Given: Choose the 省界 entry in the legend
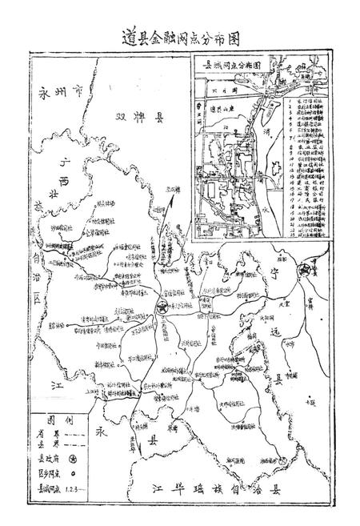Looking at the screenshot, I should tap(51, 435).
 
